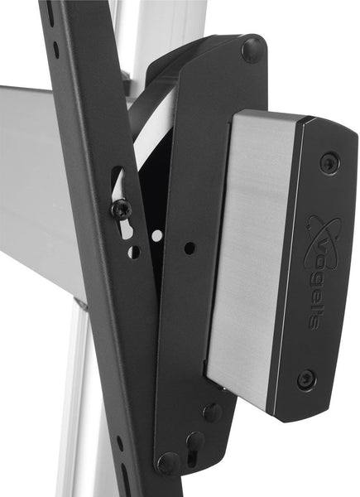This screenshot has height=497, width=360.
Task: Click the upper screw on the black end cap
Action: tap(329, 162)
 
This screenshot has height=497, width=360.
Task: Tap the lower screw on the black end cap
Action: tap(306, 379)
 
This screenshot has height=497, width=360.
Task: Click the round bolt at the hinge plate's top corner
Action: tap(251, 50)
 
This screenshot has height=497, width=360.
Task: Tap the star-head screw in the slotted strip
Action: tap(122, 209)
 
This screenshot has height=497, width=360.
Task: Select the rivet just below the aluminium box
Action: tap(212, 412)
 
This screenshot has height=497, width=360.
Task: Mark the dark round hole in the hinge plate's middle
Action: tap(190, 248)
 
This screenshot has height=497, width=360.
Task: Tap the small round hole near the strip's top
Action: tap(55, 50)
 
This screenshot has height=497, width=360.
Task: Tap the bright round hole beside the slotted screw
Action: tap(157, 235)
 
